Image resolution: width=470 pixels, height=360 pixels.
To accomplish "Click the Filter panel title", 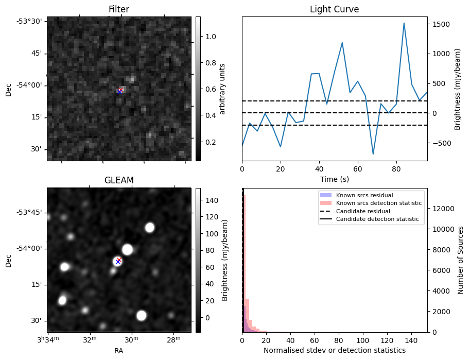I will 118,9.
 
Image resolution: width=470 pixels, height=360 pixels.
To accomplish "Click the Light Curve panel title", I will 334,9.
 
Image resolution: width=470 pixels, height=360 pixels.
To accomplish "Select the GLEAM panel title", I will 118,180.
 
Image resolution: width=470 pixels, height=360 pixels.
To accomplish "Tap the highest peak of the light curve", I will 404,23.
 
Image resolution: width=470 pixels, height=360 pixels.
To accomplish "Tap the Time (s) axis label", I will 334,178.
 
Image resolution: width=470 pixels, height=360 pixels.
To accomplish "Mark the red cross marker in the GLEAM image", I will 119,260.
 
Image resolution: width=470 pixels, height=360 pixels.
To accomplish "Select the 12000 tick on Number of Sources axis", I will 444,209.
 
